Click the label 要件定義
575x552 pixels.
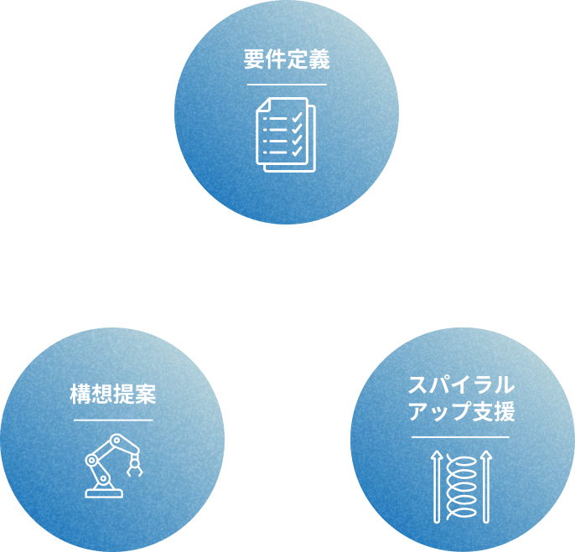coord(287,60)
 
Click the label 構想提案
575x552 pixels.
coord(113,395)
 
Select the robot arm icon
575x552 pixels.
coord(112,466)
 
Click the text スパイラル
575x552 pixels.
coord(460,386)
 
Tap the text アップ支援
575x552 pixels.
coord(460,412)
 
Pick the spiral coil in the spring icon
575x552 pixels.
coord(460,486)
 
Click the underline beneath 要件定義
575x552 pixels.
coord(287,84)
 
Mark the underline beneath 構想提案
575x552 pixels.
coord(113,419)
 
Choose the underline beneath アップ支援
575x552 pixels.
coord(460,436)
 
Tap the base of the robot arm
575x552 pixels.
coord(104,493)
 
